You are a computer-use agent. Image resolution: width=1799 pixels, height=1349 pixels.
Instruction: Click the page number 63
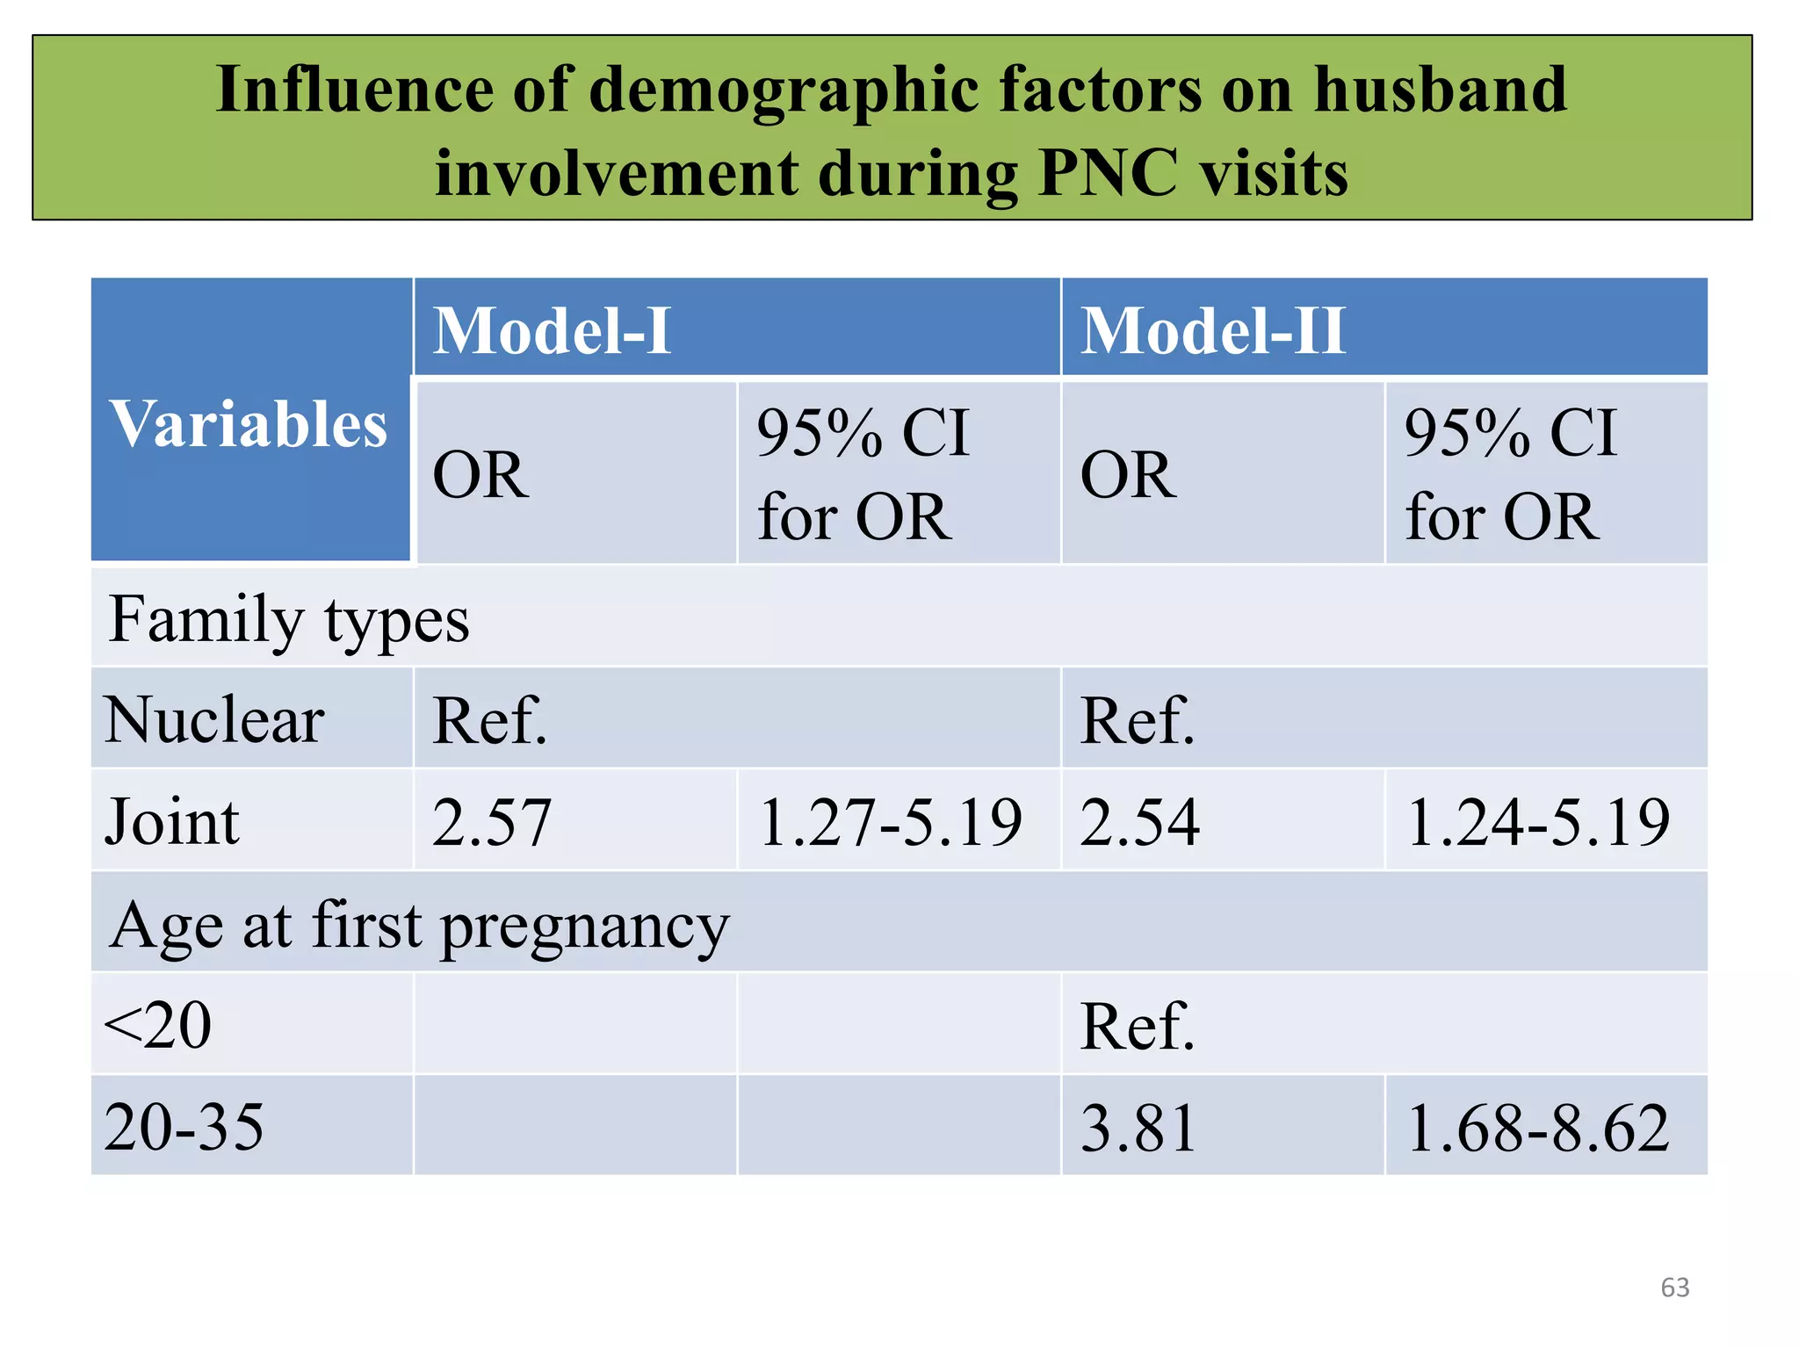pos(1674,1288)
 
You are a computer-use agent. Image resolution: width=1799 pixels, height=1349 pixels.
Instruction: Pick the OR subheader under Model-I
pos(480,475)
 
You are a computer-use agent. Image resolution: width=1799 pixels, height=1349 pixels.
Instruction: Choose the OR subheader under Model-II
pos(1128,475)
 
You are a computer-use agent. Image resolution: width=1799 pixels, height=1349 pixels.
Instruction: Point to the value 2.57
pos(492,823)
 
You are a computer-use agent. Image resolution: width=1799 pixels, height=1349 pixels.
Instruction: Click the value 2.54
pos(1139,823)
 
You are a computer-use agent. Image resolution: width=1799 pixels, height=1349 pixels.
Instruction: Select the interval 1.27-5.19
pos(890,823)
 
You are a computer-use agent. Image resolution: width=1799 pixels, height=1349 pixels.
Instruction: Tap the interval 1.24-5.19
pos(1537,823)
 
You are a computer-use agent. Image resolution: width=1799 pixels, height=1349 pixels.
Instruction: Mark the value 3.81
pos(1138,1128)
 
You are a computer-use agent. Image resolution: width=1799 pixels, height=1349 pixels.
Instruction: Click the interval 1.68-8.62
pos(1537,1128)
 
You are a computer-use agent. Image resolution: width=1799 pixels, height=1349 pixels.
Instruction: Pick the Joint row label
pos(172,823)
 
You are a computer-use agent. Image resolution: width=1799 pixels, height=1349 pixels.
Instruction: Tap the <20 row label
pos(158,1026)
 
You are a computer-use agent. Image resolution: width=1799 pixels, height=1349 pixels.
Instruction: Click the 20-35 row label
pos(184,1128)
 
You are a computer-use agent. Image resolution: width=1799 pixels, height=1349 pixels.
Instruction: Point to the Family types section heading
pos(289,620)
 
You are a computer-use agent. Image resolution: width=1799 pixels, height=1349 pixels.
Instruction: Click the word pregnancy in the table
pos(585,927)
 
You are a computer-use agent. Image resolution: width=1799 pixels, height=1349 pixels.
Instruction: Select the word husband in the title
pos(1440,90)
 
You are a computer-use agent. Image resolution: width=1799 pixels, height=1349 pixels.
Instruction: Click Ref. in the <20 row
pos(1137,1026)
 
